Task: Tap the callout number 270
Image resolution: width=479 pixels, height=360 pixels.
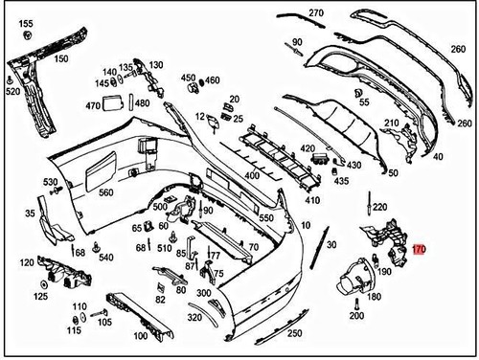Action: (316, 13)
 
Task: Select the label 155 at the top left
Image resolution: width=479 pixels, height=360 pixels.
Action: (26, 23)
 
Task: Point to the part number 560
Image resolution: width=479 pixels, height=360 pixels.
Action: (105, 192)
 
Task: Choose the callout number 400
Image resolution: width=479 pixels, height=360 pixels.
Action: (252, 176)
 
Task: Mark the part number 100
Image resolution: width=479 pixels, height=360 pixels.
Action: (140, 336)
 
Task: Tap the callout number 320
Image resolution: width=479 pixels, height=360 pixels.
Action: (194, 317)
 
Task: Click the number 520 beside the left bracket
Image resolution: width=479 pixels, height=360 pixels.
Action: (12, 92)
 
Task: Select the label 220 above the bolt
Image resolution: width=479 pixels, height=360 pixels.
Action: (379, 207)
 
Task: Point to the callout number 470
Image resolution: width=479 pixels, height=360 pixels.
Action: (93, 105)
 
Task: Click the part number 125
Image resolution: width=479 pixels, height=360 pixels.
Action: (41, 297)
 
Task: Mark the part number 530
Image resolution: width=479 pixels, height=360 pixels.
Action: (50, 181)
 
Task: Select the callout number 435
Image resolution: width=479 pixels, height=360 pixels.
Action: (342, 180)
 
